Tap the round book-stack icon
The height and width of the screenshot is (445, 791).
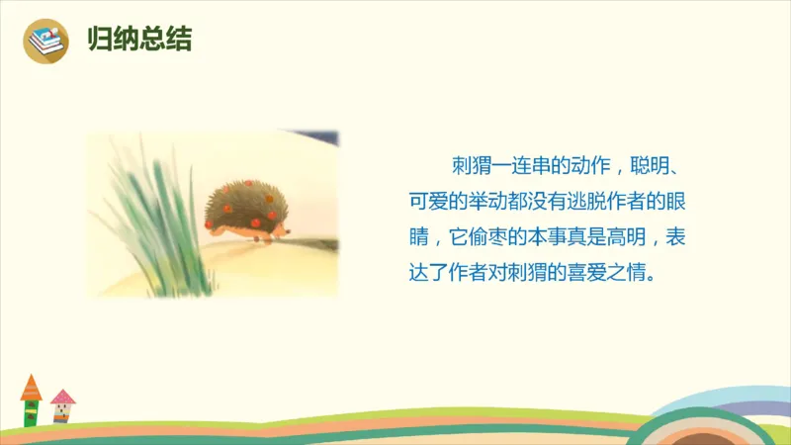coord(45,41)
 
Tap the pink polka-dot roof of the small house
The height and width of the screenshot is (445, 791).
coord(63,397)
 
